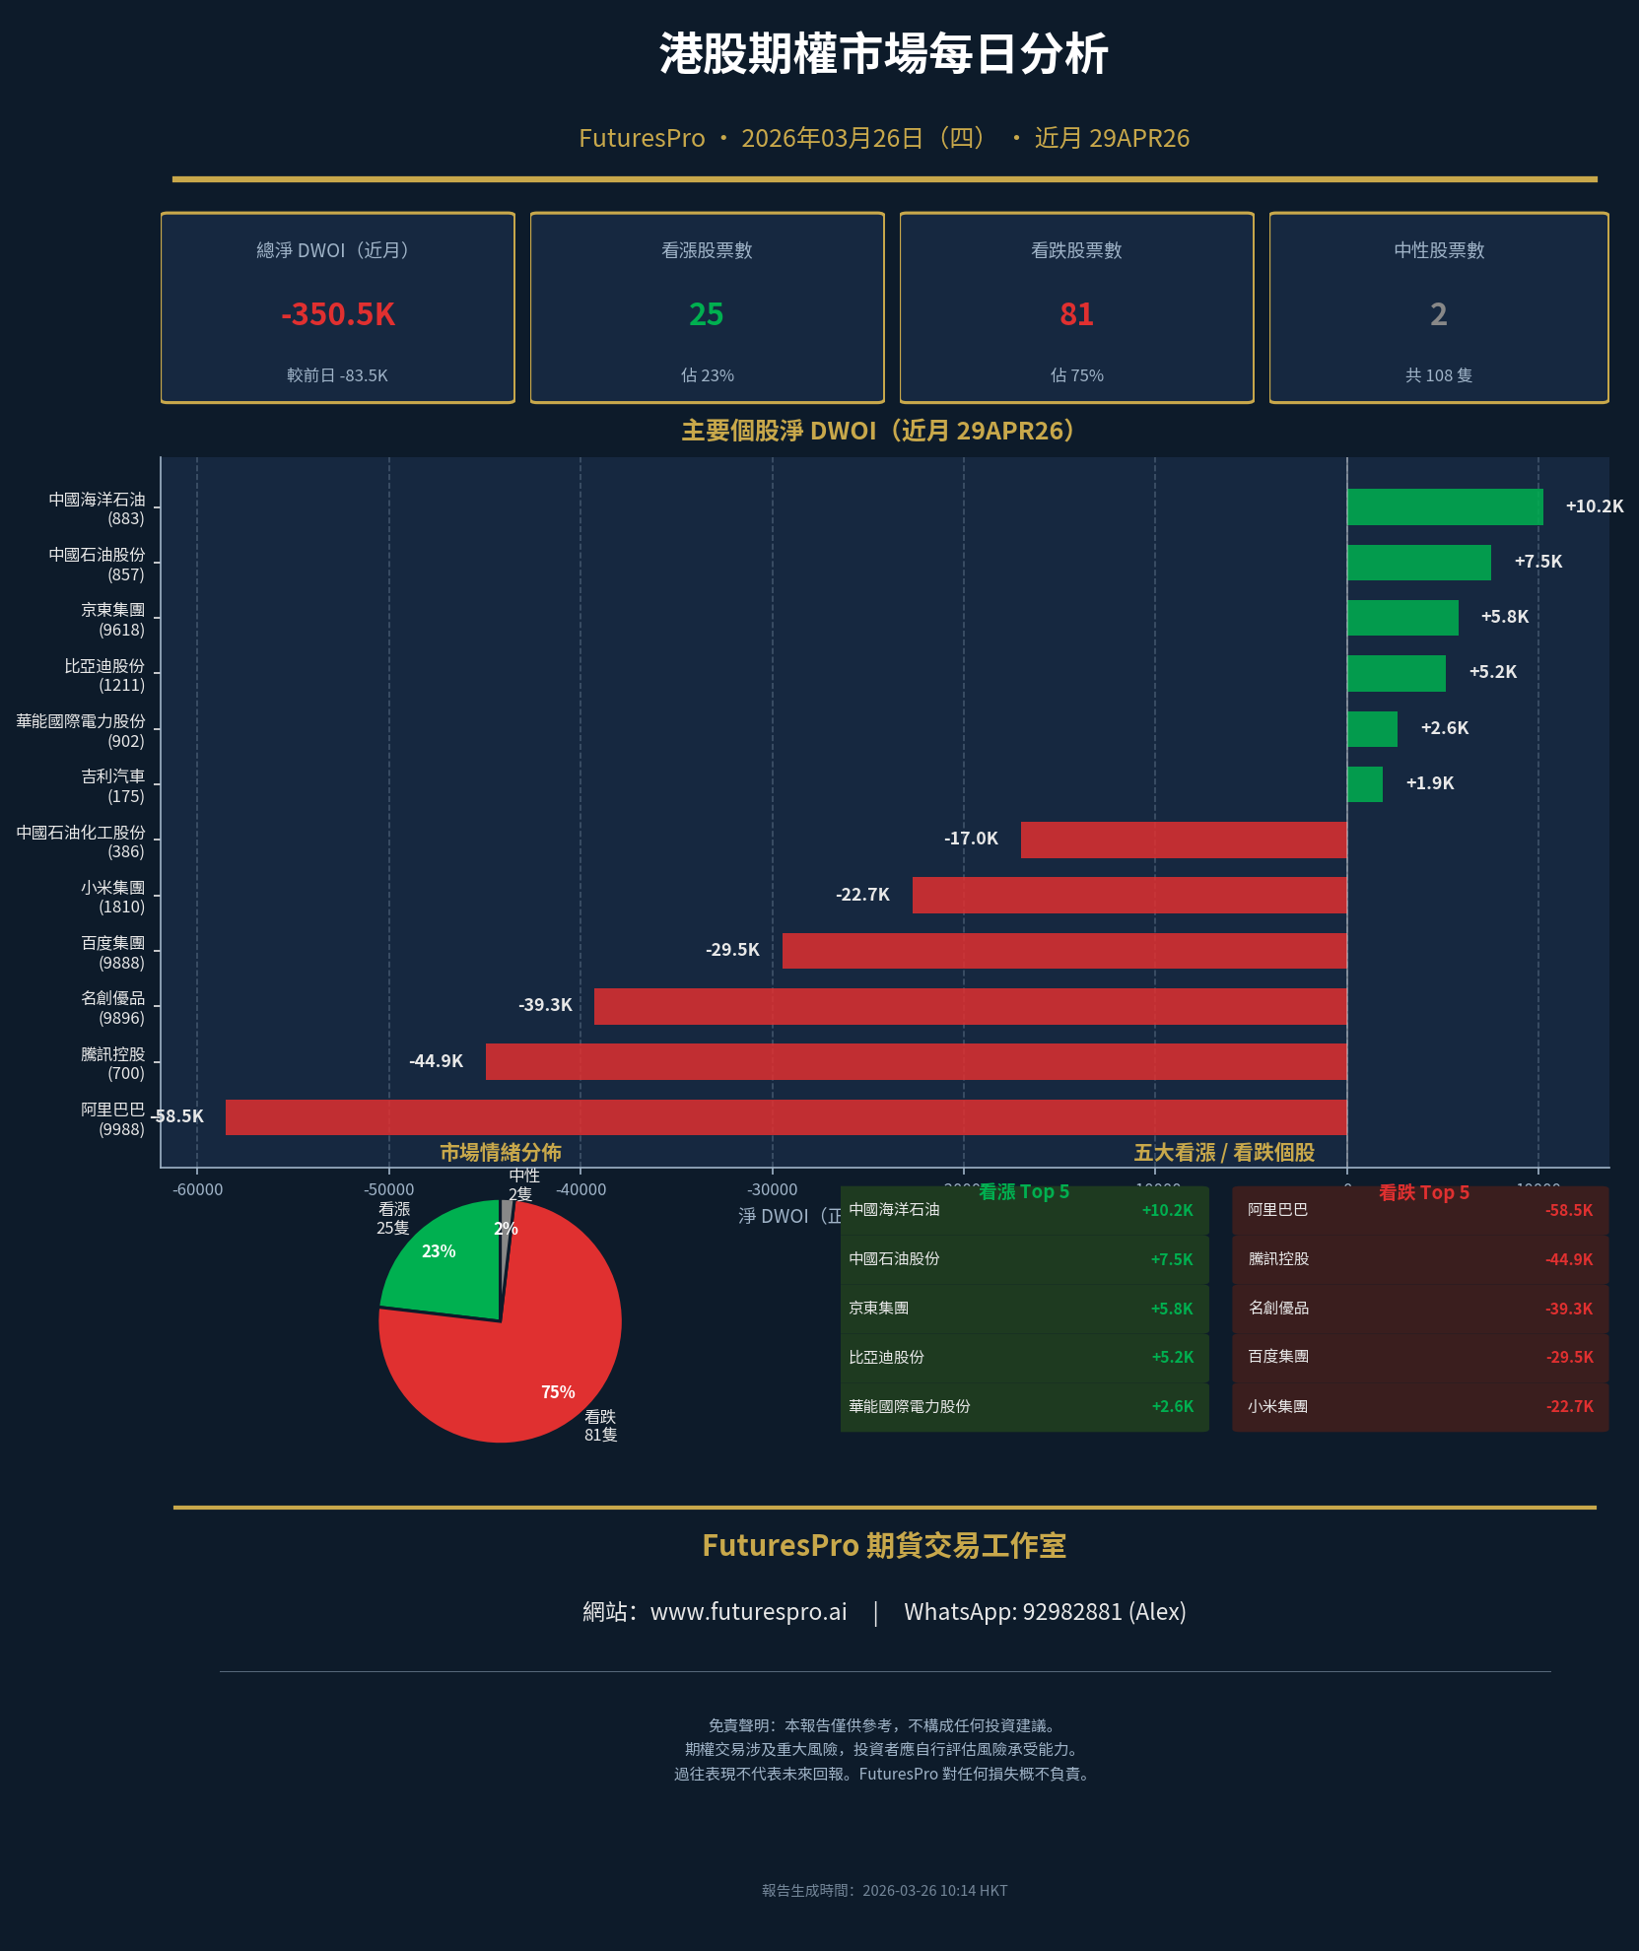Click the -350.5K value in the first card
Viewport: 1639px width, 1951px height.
(338, 314)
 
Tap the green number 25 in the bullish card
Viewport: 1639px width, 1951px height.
(707, 314)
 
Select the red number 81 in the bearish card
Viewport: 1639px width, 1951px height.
(1076, 314)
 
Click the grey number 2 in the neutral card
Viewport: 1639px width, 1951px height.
(1439, 314)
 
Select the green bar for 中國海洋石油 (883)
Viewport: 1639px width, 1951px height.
(1445, 506)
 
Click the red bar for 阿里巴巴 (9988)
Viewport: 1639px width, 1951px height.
(785, 1116)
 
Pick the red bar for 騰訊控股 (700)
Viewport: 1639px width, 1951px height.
(916, 1061)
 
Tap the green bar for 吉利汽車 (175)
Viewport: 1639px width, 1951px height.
(1365, 784)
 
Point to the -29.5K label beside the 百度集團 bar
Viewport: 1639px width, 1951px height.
(732, 950)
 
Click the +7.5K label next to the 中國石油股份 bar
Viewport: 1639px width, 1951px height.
(1537, 562)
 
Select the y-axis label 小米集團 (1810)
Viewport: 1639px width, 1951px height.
(112, 897)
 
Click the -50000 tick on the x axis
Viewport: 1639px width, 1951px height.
(388, 1189)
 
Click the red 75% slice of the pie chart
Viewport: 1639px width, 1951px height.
(532, 1370)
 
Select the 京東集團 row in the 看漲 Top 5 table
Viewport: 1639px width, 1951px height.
(1023, 1309)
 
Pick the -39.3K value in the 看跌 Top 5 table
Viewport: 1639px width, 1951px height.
(1569, 1309)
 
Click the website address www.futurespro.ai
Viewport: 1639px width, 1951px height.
(748, 1612)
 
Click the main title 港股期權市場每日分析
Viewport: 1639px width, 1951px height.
(884, 54)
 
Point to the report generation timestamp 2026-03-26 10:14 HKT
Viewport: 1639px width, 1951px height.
(933, 1890)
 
